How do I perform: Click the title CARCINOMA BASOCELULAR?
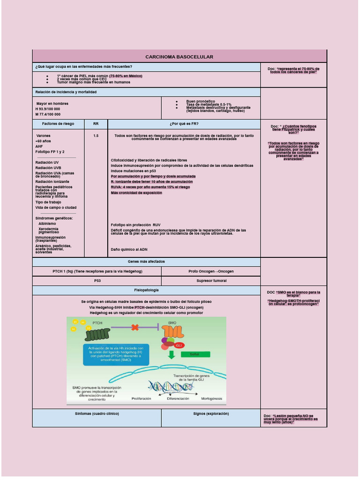coord(179,57)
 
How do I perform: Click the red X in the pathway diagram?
coord(135,328)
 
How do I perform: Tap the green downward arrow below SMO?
coord(172,353)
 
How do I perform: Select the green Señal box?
coord(195,354)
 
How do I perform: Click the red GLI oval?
coord(179,345)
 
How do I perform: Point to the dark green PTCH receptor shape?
coord(97,334)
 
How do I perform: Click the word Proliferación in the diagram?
coord(141,398)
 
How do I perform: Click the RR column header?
coord(96,124)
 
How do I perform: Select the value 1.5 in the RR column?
coord(96,135)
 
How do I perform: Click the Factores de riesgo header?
coord(58,124)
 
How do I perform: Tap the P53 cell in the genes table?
coord(97,281)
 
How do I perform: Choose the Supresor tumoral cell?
coord(211,281)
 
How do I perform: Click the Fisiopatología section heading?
coord(146,290)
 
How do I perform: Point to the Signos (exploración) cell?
coord(211,414)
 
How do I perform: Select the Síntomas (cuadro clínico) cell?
coord(97,414)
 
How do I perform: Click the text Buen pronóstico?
coord(201,101)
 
